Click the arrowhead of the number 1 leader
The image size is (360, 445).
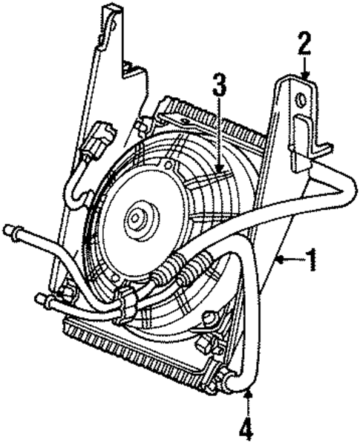pyautogui.click(x=278, y=260)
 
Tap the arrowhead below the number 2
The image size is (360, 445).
pyautogui.click(x=304, y=76)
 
